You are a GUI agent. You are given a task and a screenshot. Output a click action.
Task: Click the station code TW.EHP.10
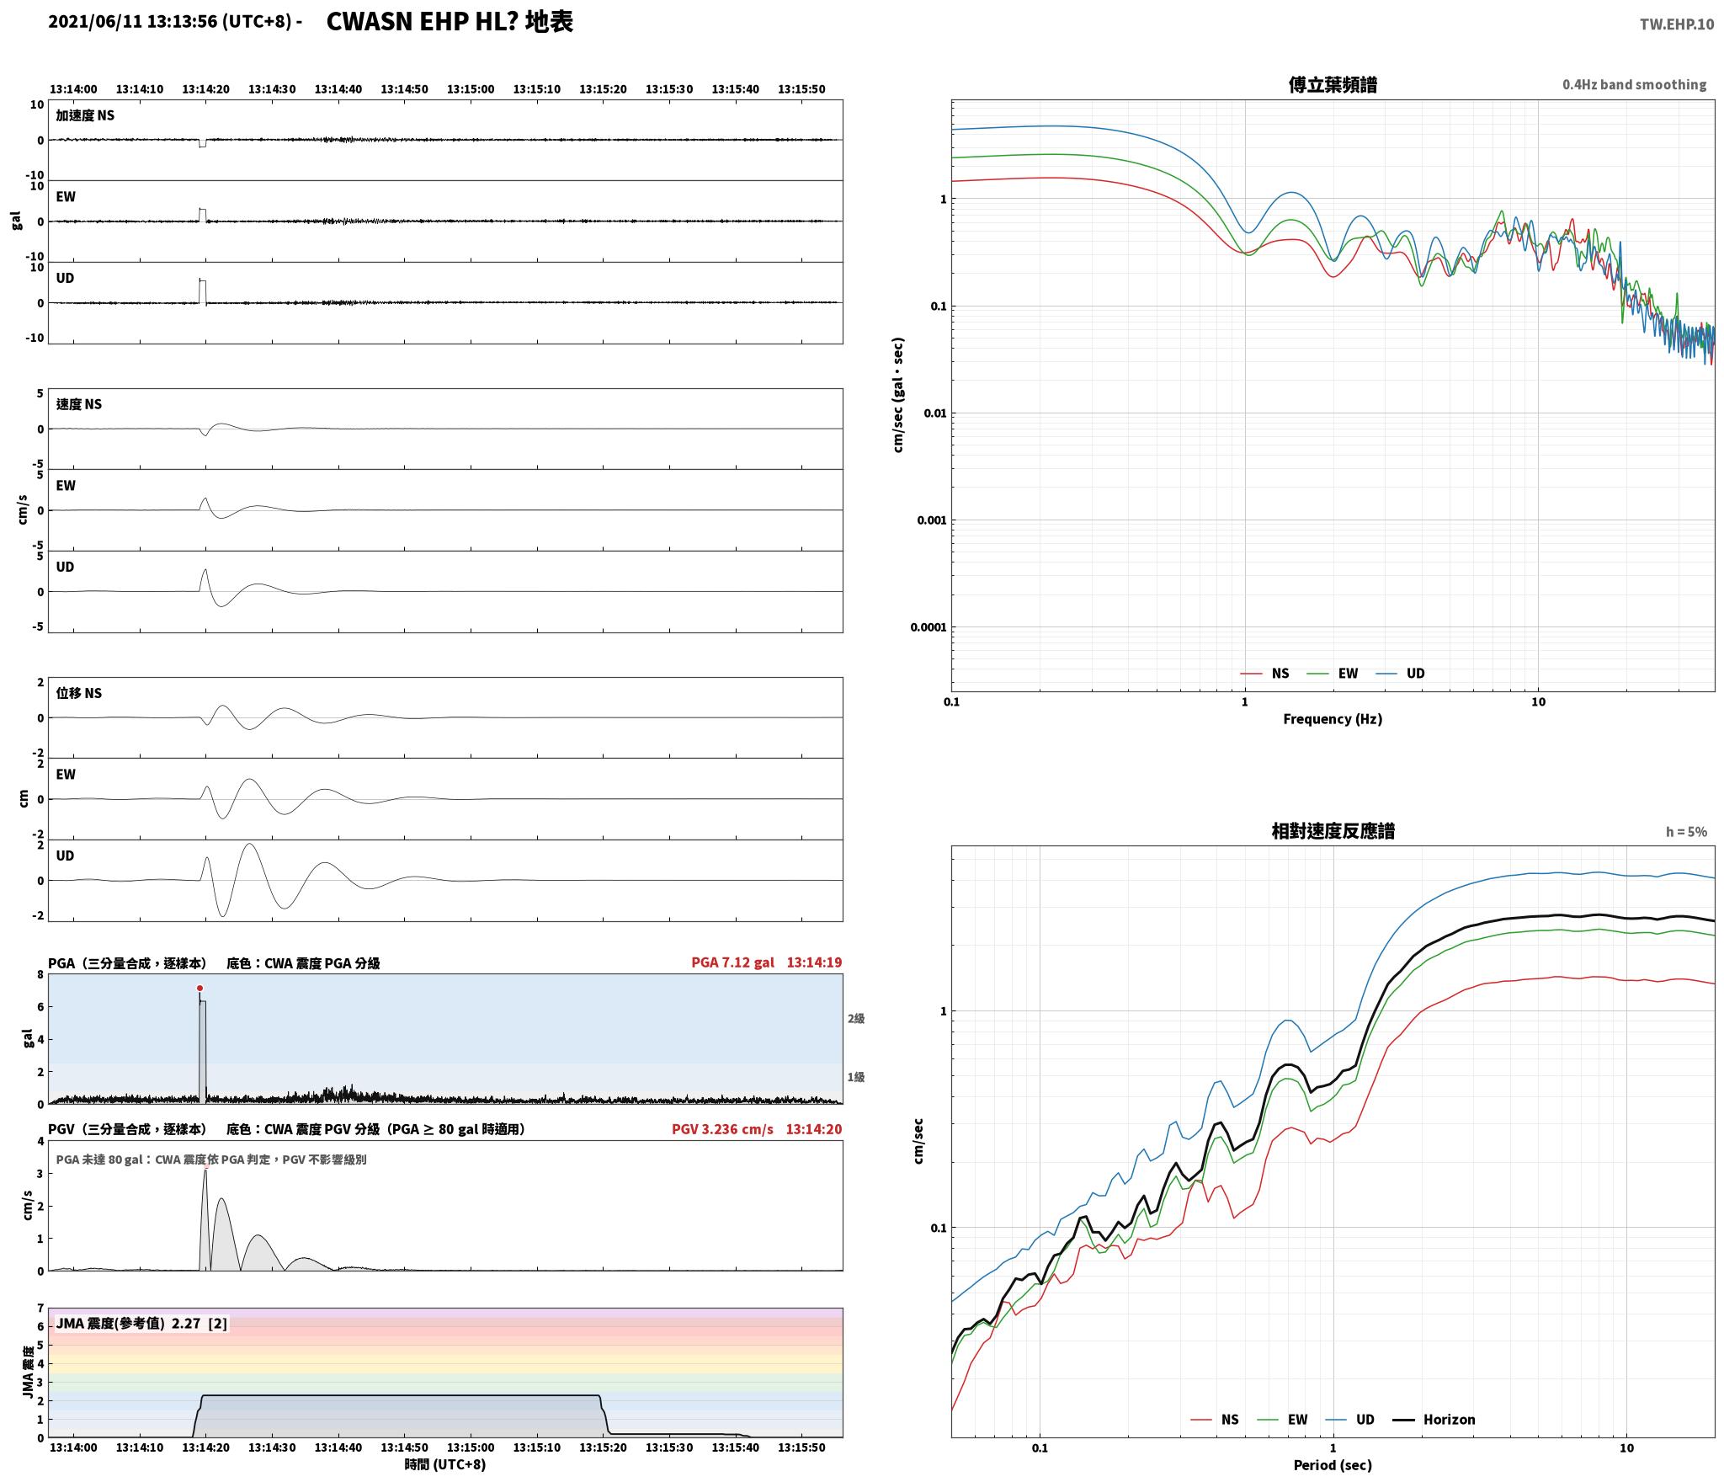1676,24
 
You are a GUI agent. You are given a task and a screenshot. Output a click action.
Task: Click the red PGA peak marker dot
200,988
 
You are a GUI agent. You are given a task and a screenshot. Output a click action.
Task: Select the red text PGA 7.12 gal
732,962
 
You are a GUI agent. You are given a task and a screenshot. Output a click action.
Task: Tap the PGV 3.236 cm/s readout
722,1128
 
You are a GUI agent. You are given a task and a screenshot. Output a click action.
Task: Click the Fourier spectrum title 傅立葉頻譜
1333,84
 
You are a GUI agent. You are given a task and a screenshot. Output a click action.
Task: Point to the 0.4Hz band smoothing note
1634,84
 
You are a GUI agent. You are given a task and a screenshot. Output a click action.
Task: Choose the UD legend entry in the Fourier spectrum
1401,673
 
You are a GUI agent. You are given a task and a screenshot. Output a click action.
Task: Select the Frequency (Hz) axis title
1333,718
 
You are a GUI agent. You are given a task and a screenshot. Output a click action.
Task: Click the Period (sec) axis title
1333,1464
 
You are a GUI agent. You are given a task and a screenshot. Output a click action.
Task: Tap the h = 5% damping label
1686,831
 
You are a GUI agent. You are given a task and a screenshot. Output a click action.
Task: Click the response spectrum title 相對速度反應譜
1333,830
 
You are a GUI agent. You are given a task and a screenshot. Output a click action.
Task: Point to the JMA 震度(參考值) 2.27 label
141,1323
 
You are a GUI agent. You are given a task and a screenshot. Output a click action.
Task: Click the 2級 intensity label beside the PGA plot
855,1018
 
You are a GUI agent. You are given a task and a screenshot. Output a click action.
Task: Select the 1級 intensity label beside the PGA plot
855,1076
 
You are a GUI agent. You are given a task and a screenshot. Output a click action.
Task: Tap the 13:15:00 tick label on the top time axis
470,88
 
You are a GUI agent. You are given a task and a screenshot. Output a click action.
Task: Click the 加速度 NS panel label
85,115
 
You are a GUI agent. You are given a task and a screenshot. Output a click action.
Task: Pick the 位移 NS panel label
79,693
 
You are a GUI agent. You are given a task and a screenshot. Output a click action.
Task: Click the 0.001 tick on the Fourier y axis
932,520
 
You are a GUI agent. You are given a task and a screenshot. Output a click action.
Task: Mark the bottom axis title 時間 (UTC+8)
445,1464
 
